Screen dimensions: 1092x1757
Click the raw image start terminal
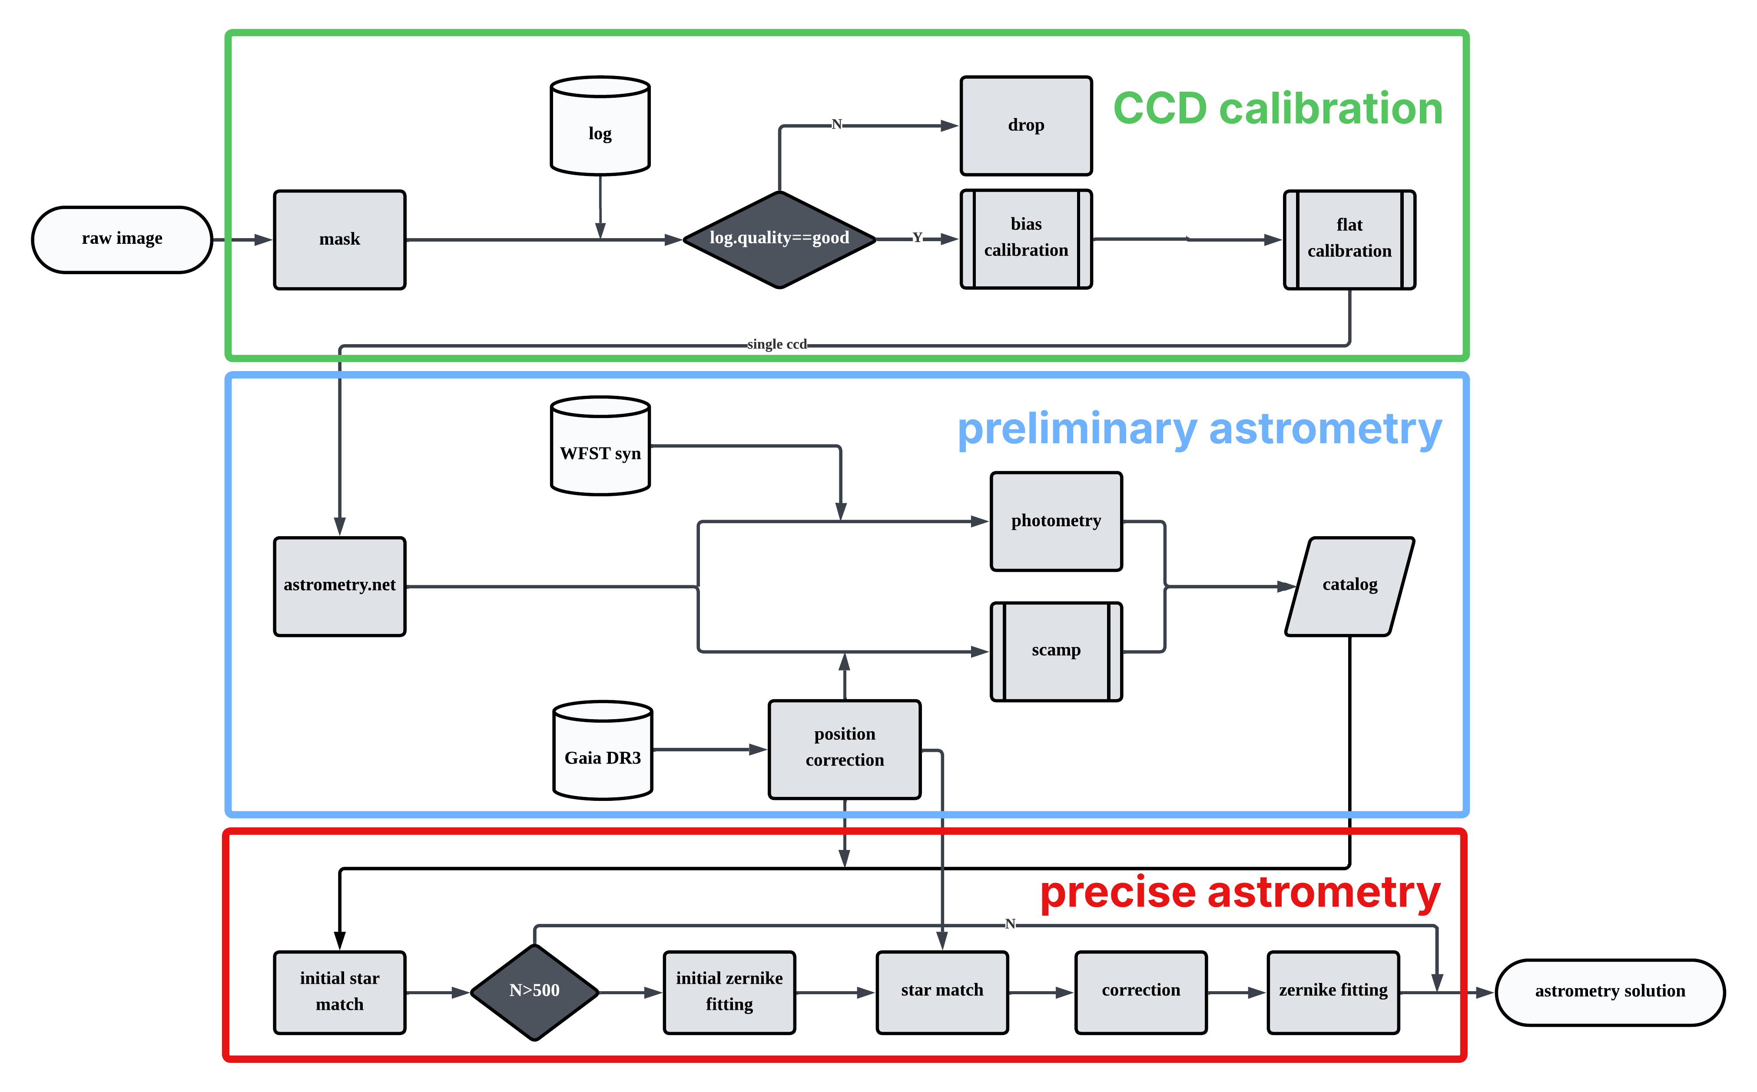[122, 239]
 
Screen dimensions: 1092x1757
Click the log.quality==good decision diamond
[779, 239]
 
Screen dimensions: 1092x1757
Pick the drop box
[1025, 126]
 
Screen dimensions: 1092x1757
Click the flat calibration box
[1349, 239]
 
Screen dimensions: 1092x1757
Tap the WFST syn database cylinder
[600, 446]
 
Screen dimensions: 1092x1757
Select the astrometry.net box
[339, 586]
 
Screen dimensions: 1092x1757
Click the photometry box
[1056, 521]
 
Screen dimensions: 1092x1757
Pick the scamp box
[1056, 651]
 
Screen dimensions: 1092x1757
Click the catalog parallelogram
[1349, 586]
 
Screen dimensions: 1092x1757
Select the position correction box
[844, 748]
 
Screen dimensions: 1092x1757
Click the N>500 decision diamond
[534, 992]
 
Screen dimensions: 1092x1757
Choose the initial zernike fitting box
[729, 992]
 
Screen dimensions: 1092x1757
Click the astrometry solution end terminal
[1610, 992]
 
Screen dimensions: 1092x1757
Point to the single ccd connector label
[777, 345]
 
